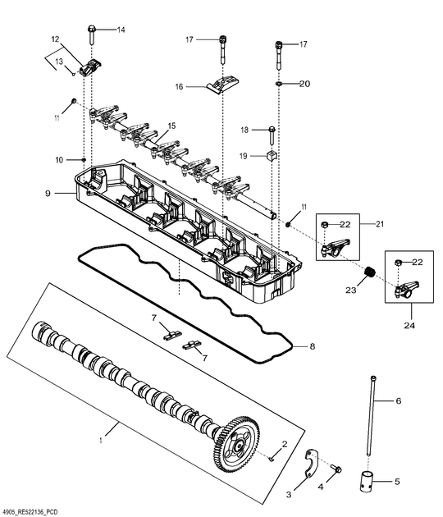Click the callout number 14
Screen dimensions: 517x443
[121, 30]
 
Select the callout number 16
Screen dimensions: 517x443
[178, 86]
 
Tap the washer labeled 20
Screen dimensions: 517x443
[281, 84]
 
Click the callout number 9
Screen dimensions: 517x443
[48, 194]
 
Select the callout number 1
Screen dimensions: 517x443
[101, 440]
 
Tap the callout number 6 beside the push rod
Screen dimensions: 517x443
[399, 401]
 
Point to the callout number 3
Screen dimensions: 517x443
[288, 495]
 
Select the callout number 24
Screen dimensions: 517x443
[409, 326]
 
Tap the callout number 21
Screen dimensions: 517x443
[379, 224]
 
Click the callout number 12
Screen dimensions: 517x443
[56, 39]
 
